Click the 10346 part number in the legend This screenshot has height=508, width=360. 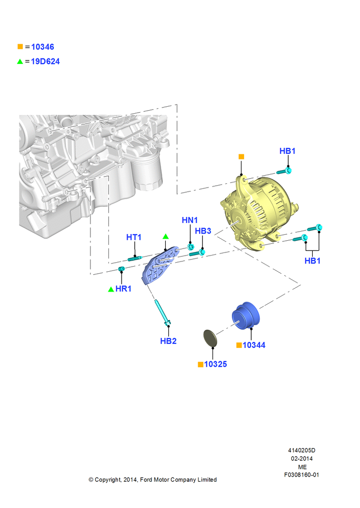point(43,47)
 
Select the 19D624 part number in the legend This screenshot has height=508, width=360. point(45,61)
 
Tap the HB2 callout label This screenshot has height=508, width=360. point(168,341)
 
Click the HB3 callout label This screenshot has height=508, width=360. point(203,231)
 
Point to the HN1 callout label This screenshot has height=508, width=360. point(190,220)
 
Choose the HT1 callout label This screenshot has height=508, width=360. point(134,237)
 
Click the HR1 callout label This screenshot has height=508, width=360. point(123,289)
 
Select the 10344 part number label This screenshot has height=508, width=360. point(254,345)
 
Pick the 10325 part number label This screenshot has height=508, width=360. point(216,364)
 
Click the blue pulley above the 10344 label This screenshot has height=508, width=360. point(246,316)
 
